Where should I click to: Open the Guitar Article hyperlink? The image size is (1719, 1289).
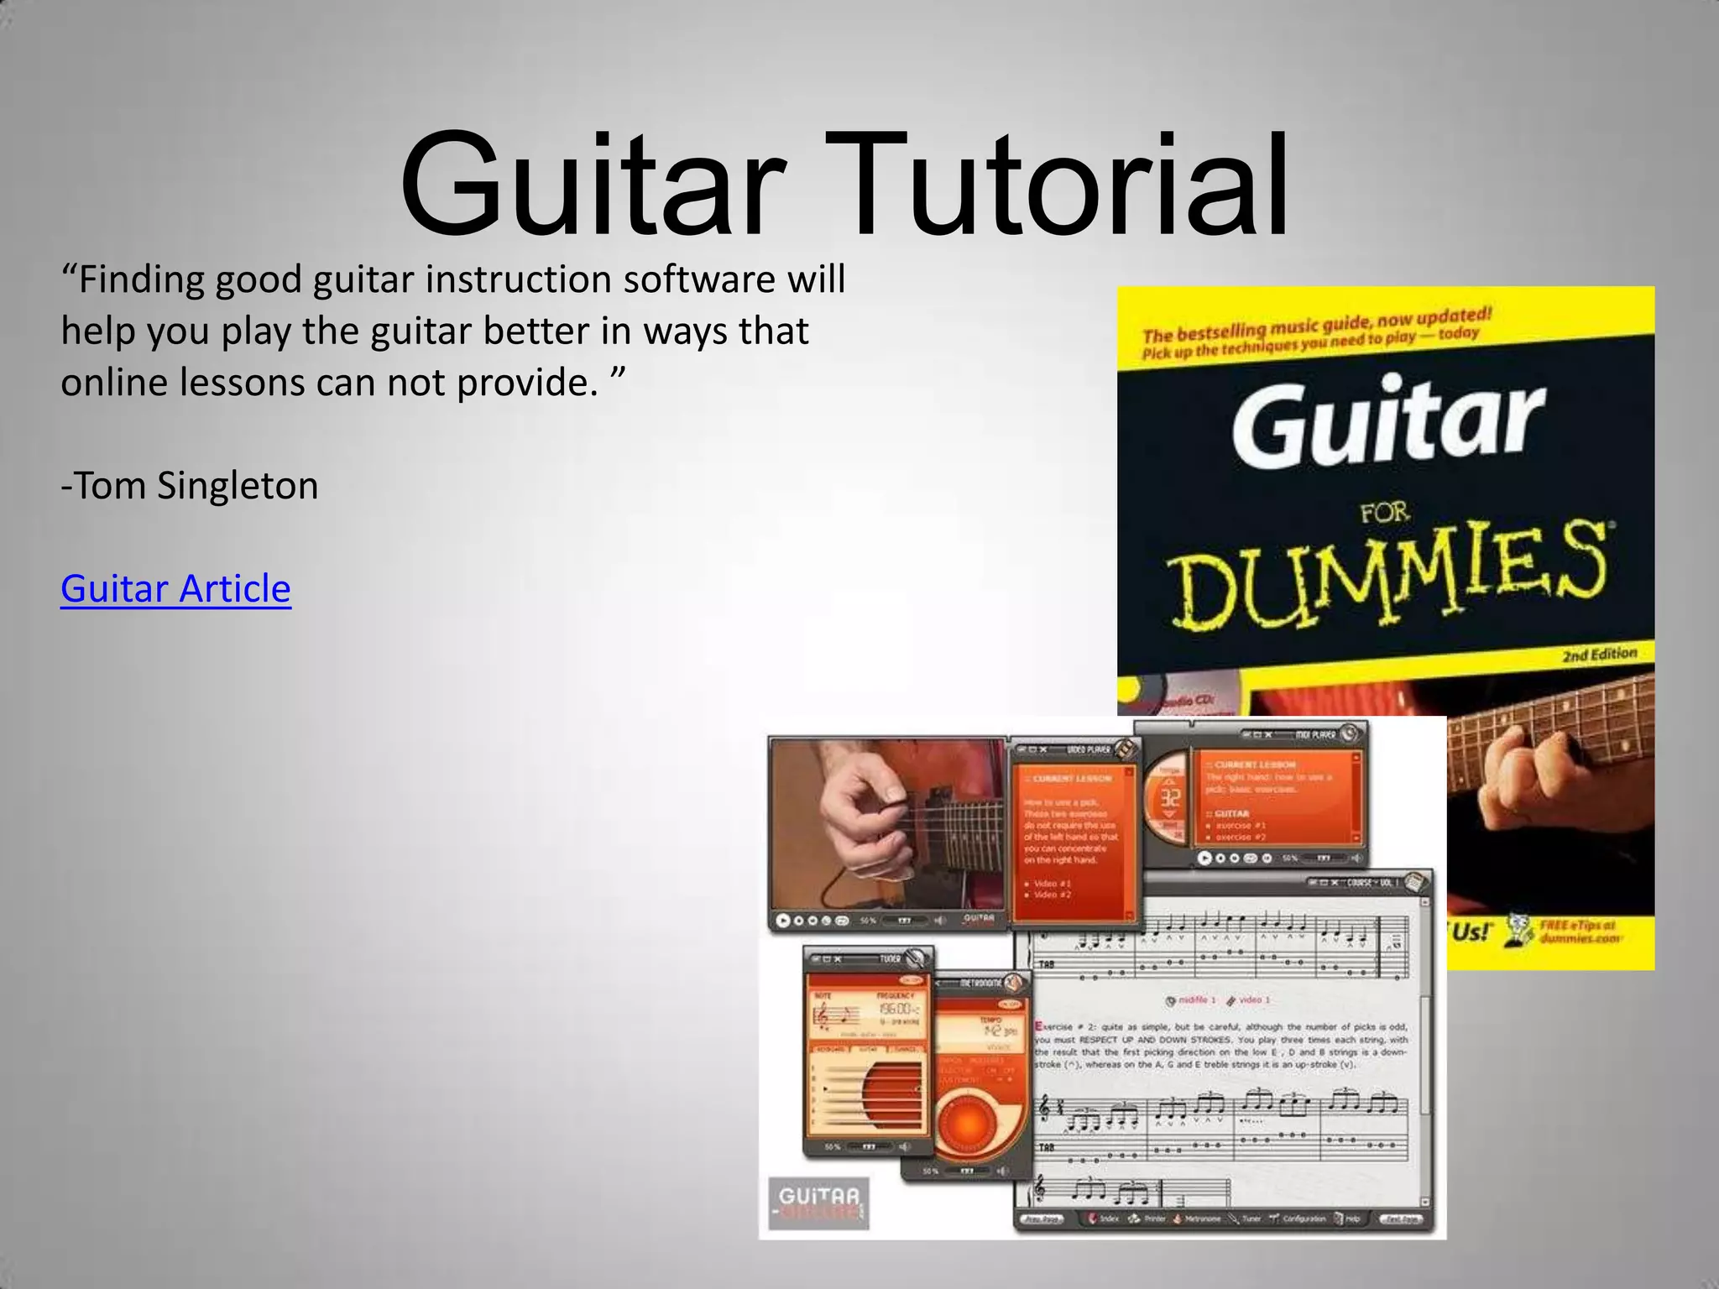175,588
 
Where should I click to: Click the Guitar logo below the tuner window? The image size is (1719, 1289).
818,1202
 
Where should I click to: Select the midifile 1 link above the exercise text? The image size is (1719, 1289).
1190,1000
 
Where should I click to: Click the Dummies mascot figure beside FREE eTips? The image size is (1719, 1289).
1518,929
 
